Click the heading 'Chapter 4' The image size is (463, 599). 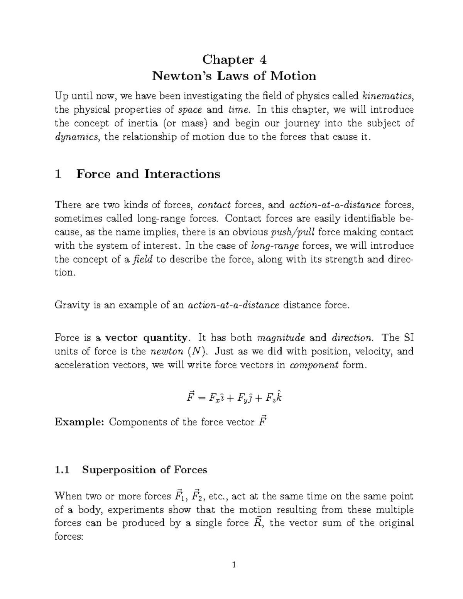[234, 60]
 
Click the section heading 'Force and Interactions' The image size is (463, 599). [148, 174]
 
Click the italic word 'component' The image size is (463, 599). [314, 365]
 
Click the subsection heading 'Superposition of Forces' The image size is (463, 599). [144, 470]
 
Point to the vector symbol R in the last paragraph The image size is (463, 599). [256, 523]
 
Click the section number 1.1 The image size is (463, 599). [62, 470]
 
